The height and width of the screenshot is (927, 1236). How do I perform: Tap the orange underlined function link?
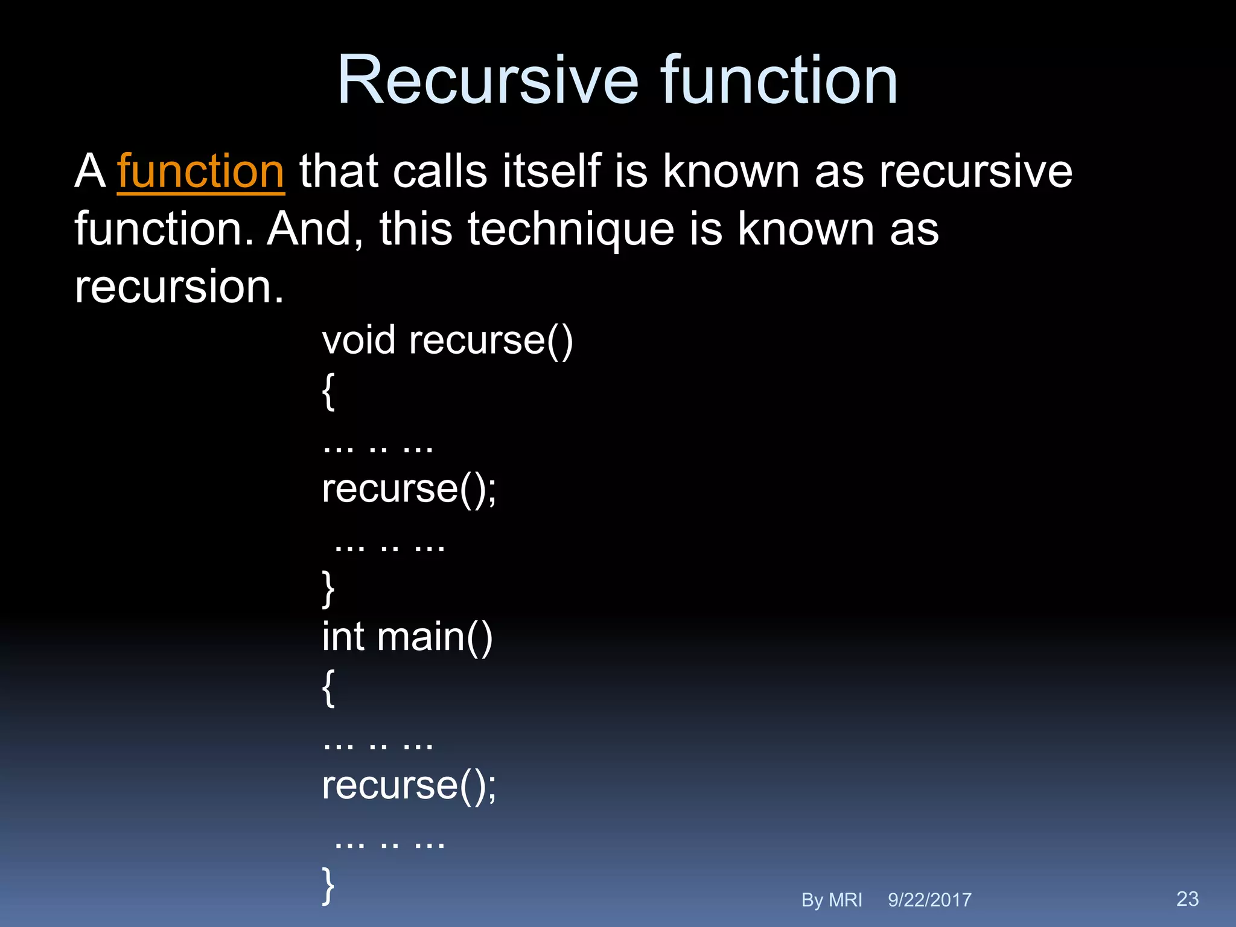(x=200, y=171)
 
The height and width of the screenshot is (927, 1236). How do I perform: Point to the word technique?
(x=570, y=229)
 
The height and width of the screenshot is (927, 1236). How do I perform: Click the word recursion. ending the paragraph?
(x=179, y=287)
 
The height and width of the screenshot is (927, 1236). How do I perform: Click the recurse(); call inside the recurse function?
(x=409, y=488)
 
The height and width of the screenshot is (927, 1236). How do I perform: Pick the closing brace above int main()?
(x=328, y=588)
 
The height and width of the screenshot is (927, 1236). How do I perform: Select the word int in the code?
(x=343, y=637)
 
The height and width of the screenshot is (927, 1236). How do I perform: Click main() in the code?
(x=435, y=637)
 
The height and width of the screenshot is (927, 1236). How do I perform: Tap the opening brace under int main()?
(x=328, y=687)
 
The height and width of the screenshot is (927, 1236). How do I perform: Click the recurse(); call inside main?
(x=409, y=785)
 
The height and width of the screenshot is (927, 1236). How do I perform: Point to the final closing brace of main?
(x=328, y=885)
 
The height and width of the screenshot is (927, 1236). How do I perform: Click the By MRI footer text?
(x=831, y=900)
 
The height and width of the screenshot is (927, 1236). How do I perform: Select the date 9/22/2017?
(x=929, y=900)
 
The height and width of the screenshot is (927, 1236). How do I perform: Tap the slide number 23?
(x=1187, y=899)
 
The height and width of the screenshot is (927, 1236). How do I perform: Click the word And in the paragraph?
(x=309, y=229)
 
